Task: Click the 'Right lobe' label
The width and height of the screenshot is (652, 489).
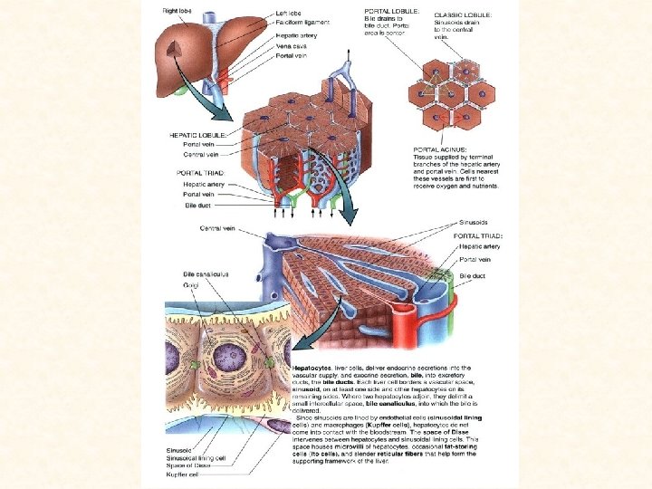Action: click(177, 10)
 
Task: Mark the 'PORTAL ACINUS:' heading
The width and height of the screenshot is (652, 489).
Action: click(439, 149)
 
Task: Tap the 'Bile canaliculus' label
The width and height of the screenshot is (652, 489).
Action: click(206, 273)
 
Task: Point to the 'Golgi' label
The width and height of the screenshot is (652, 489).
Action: click(191, 285)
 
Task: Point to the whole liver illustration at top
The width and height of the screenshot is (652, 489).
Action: click(213, 45)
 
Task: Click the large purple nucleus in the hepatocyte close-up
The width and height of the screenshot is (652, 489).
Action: click(223, 349)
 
